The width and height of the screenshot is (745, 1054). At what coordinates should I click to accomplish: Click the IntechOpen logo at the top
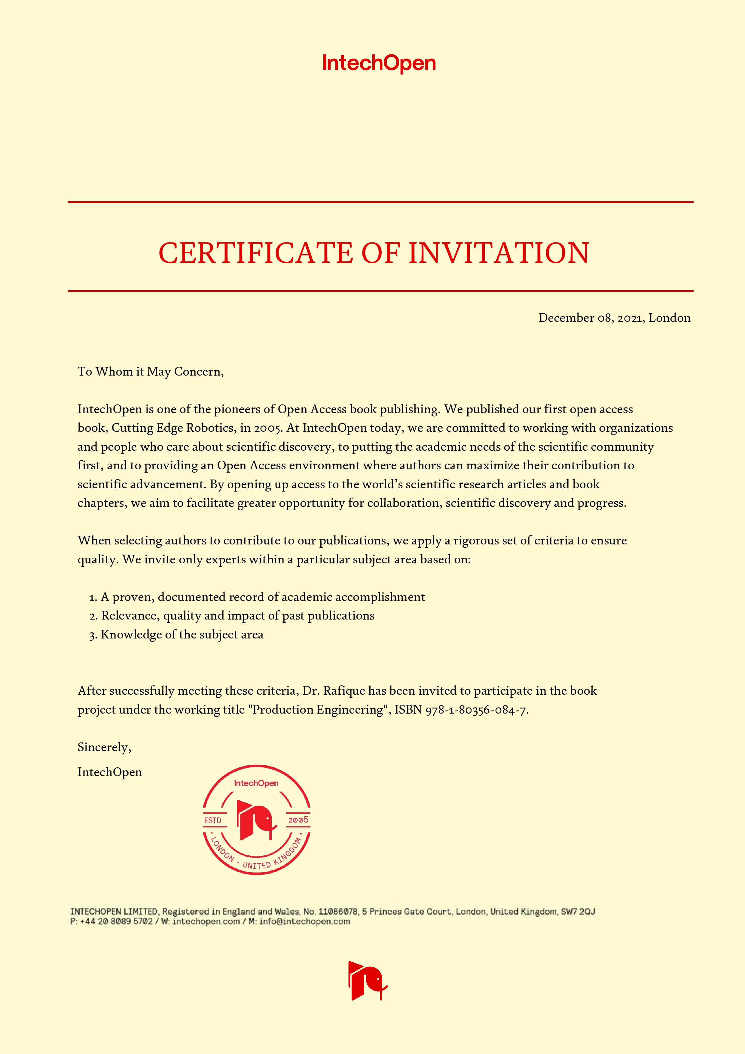click(x=379, y=63)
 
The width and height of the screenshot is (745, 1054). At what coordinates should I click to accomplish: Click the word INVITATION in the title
click(x=499, y=253)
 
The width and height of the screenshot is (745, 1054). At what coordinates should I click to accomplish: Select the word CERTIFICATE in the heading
click(x=256, y=253)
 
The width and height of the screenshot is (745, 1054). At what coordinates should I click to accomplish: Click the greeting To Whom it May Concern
click(x=151, y=371)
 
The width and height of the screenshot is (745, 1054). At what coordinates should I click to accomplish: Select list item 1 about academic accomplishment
click(x=257, y=597)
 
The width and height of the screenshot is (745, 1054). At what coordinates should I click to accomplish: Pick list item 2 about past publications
click(x=232, y=616)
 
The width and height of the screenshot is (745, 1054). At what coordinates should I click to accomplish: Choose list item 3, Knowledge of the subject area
click(x=176, y=635)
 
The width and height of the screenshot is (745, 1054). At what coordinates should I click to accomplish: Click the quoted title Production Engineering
click(x=318, y=710)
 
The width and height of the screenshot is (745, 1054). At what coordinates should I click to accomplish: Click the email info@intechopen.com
click(x=304, y=921)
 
